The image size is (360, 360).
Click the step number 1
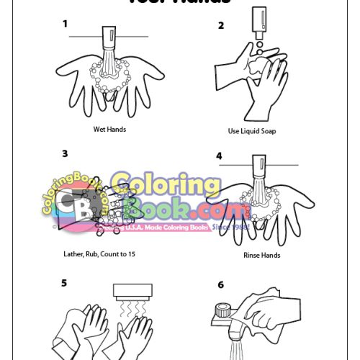pos(65,23)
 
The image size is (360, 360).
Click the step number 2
pos(221,25)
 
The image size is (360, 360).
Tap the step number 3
pos(65,153)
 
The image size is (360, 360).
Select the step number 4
pos(219,155)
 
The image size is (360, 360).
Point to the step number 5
pos(64,283)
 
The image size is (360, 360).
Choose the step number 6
pos(220,284)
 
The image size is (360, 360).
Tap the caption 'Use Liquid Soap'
pos(252,131)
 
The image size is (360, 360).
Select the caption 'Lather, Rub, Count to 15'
pos(98,254)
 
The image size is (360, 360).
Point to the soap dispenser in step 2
pos(258,22)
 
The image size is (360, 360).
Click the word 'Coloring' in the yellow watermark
pos(166,186)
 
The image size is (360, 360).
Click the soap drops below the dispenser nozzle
pos(258,49)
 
